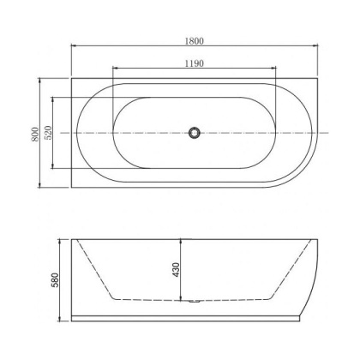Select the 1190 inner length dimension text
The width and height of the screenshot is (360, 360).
(194, 63)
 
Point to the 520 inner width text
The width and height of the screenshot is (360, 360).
(49, 133)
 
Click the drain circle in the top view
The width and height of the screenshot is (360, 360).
(195, 133)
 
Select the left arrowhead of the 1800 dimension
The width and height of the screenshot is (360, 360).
(72, 46)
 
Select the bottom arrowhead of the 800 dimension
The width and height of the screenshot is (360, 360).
(40, 187)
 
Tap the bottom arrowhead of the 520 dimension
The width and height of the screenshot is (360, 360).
(56, 168)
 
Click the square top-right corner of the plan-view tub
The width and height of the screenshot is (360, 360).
(313, 82)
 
